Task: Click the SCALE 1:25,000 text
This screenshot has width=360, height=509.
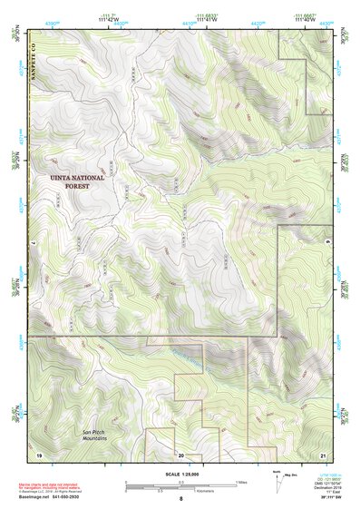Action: point(180,471)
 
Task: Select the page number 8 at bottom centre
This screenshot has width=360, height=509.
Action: point(180,499)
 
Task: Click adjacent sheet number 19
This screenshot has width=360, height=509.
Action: point(39,453)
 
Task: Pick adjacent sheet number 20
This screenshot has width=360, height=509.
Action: point(180,454)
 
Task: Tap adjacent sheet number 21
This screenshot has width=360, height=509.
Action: point(322,453)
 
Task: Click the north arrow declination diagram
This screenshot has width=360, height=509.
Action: point(277,480)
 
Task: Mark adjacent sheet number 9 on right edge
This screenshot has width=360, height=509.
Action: point(326,243)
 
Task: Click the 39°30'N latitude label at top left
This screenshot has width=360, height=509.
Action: point(13,34)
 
